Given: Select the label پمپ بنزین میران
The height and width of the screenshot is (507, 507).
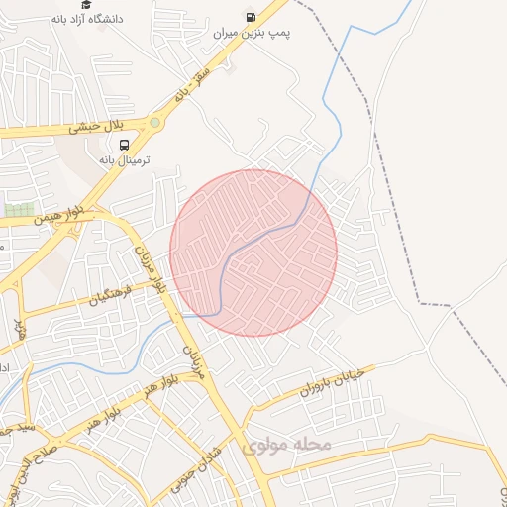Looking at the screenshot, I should [252, 33].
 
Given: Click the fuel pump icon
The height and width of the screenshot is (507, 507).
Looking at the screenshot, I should [252, 16].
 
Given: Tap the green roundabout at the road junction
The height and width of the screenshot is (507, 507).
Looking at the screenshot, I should [155, 123].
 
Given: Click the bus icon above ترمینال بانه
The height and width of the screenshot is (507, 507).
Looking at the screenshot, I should [123, 144].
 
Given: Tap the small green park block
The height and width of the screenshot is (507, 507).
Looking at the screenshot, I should [18, 210].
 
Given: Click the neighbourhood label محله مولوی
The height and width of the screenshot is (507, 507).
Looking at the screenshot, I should [285, 446].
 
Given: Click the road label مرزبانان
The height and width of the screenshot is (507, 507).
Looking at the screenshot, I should [194, 358].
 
